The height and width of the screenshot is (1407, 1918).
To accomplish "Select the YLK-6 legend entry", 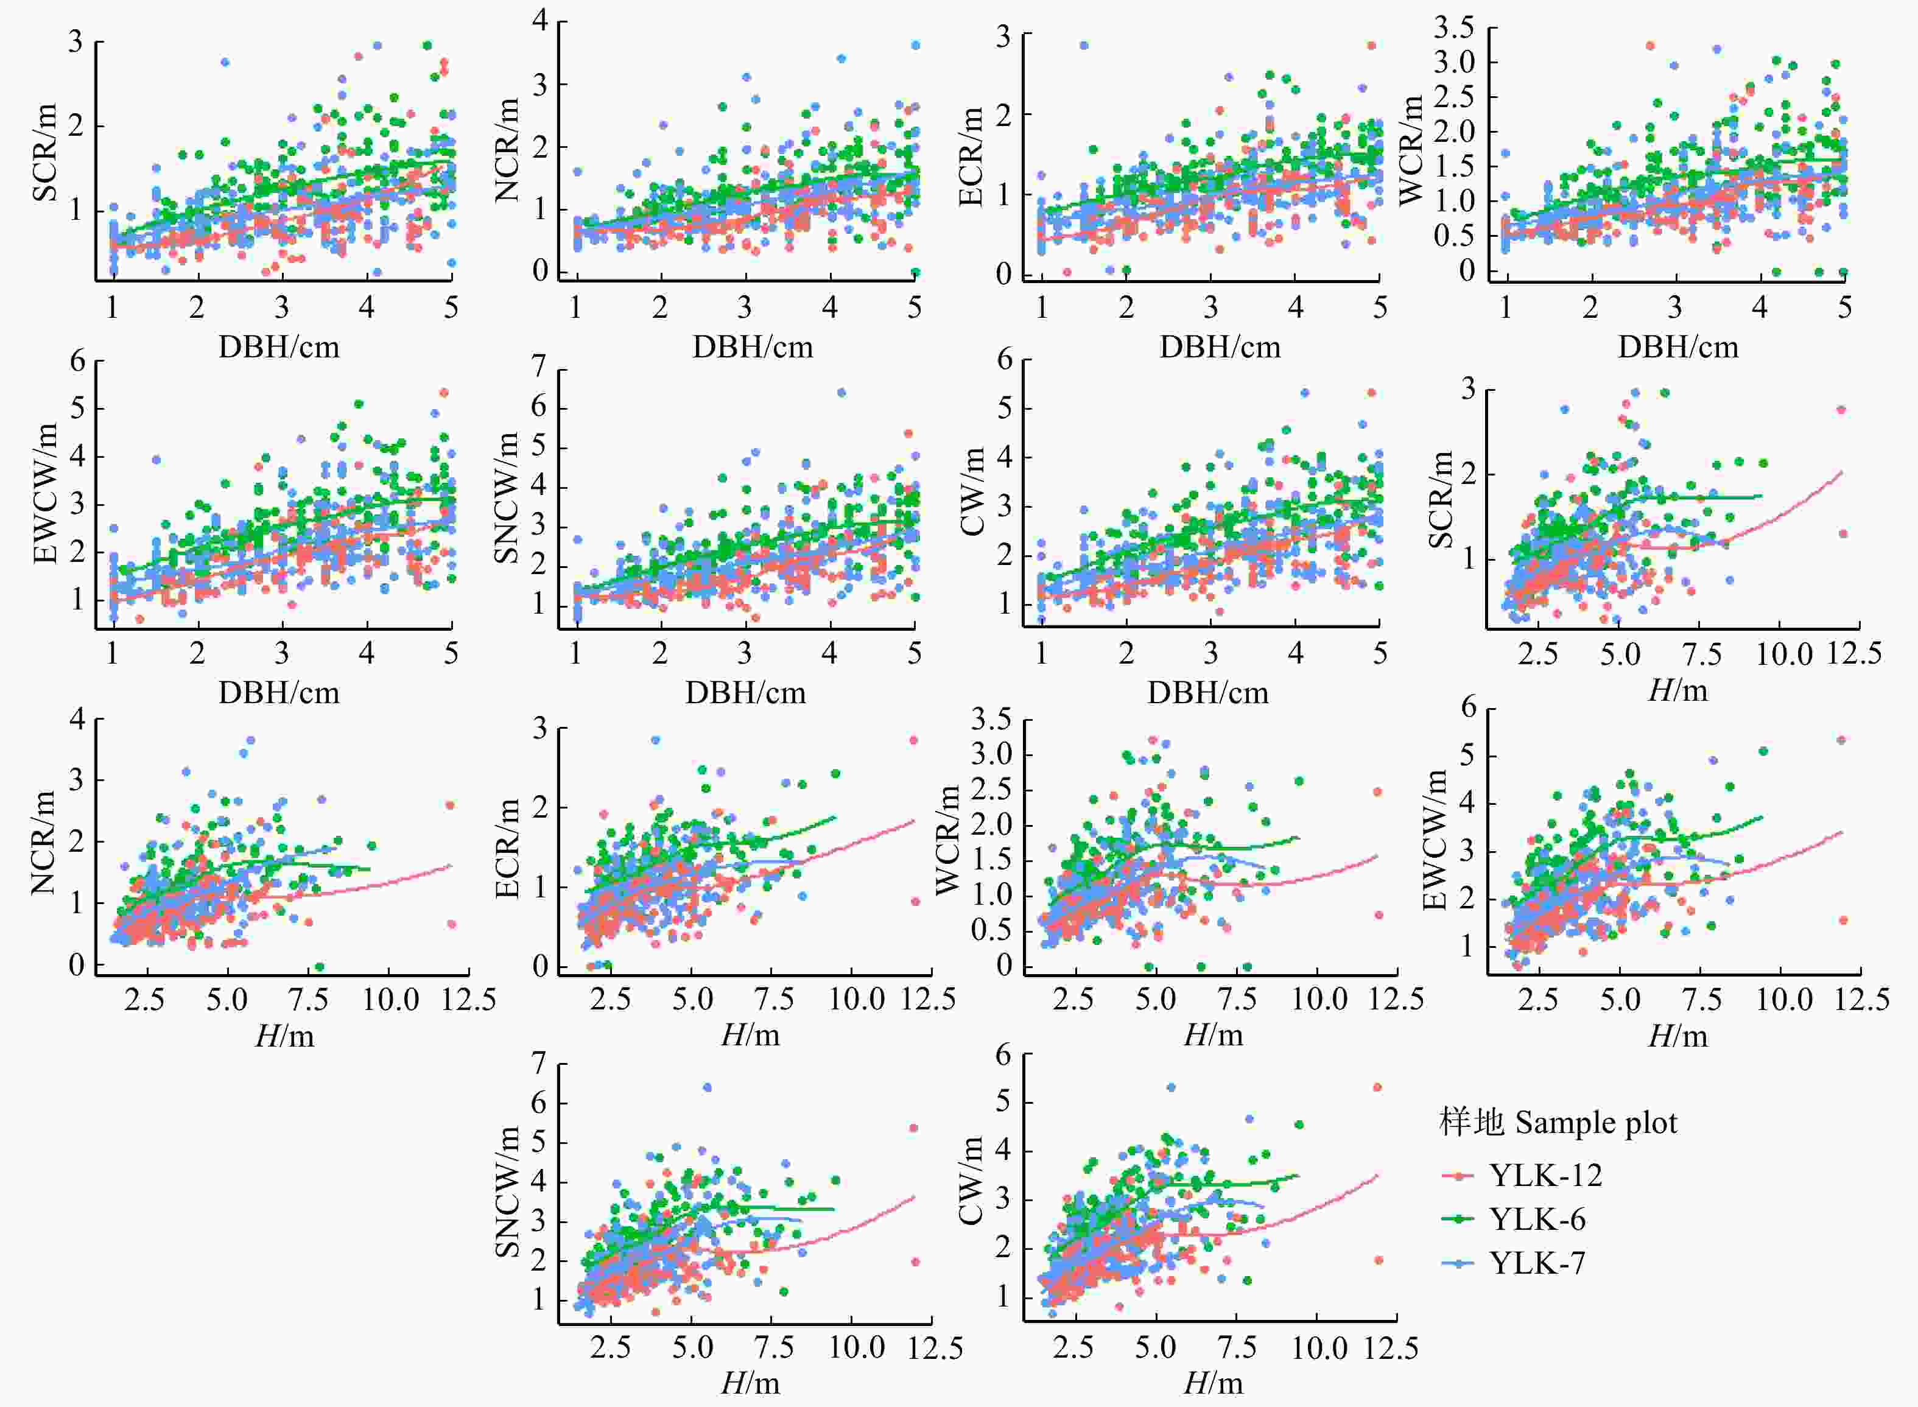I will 1537,1219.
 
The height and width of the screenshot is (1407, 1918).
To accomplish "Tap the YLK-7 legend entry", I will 1537,1263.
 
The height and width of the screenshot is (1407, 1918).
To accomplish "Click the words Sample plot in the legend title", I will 1596,1123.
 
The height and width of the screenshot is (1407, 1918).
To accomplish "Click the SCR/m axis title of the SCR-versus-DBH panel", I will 44,153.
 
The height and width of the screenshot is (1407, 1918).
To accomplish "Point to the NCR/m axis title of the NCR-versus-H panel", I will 43,843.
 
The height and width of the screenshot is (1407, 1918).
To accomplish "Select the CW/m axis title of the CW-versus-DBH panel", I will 972,493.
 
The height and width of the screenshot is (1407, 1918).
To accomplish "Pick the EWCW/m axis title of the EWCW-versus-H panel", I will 1435,840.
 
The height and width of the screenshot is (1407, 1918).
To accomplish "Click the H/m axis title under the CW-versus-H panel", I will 1213,1383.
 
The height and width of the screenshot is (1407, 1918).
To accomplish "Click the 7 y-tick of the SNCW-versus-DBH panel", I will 538,367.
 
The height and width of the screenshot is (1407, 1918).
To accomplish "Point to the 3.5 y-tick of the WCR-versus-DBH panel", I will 1453,28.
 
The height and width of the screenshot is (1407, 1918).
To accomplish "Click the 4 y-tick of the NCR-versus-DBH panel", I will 540,21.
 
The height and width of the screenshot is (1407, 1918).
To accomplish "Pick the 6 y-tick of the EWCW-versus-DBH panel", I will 77,361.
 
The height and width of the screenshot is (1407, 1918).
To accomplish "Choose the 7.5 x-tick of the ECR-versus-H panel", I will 774,999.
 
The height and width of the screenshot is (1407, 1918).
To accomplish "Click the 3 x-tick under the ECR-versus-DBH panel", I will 1210,307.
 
